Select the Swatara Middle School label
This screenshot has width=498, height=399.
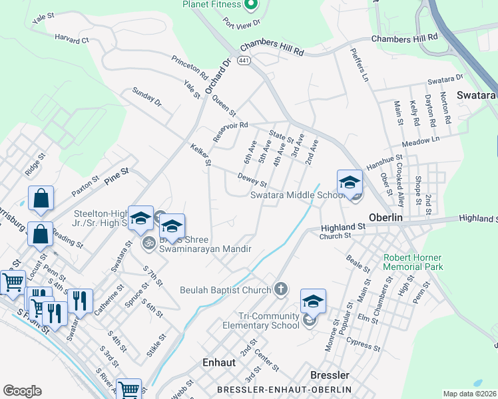[x=296, y=196]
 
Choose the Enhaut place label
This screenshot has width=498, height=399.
[x=219, y=363]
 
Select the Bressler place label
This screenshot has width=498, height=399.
[x=330, y=375]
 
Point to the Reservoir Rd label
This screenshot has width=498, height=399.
[x=230, y=124]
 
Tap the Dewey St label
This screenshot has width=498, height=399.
[x=253, y=180]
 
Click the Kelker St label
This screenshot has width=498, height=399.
[x=200, y=154]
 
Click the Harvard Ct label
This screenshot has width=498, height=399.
[x=72, y=40]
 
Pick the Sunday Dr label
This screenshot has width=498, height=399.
[x=146, y=97]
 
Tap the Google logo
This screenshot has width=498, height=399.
[x=22, y=391]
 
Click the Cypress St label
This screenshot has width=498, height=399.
[x=363, y=346]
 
